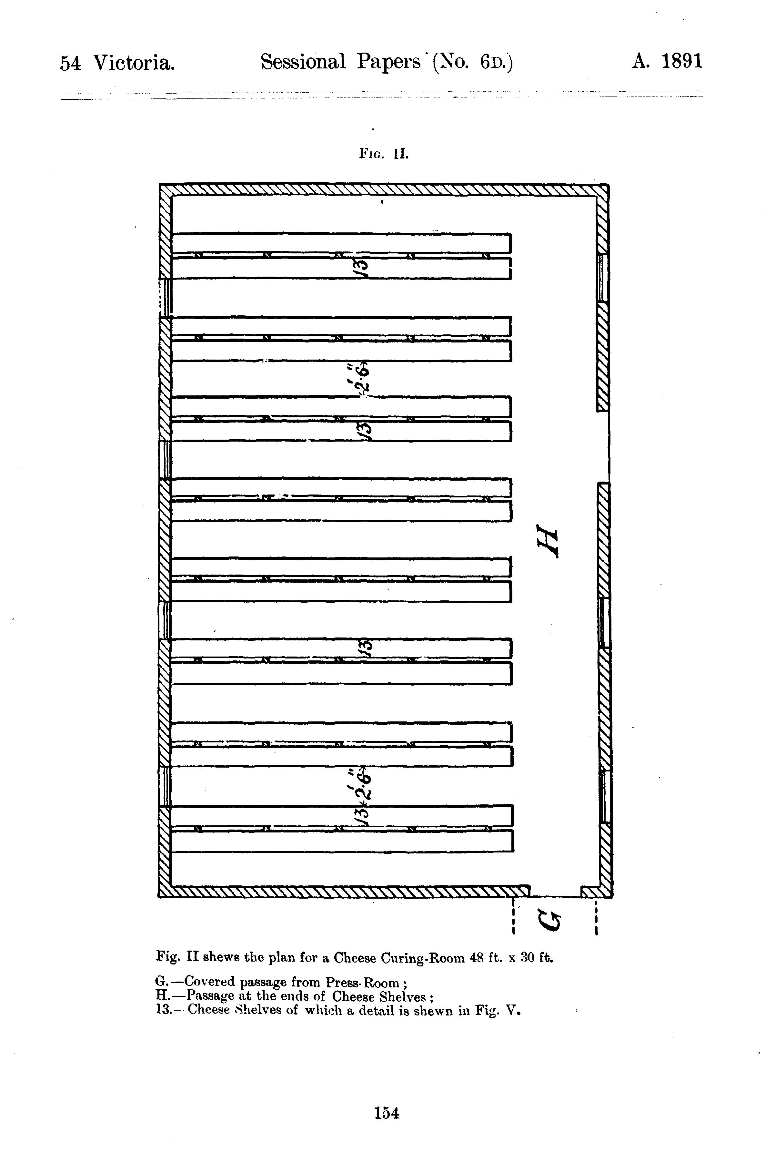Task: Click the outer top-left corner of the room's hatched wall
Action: (160, 184)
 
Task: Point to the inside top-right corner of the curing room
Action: (597, 196)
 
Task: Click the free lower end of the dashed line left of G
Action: (514, 933)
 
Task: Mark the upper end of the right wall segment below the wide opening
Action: (604, 483)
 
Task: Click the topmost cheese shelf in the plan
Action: (341, 243)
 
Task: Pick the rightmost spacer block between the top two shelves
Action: (486, 256)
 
